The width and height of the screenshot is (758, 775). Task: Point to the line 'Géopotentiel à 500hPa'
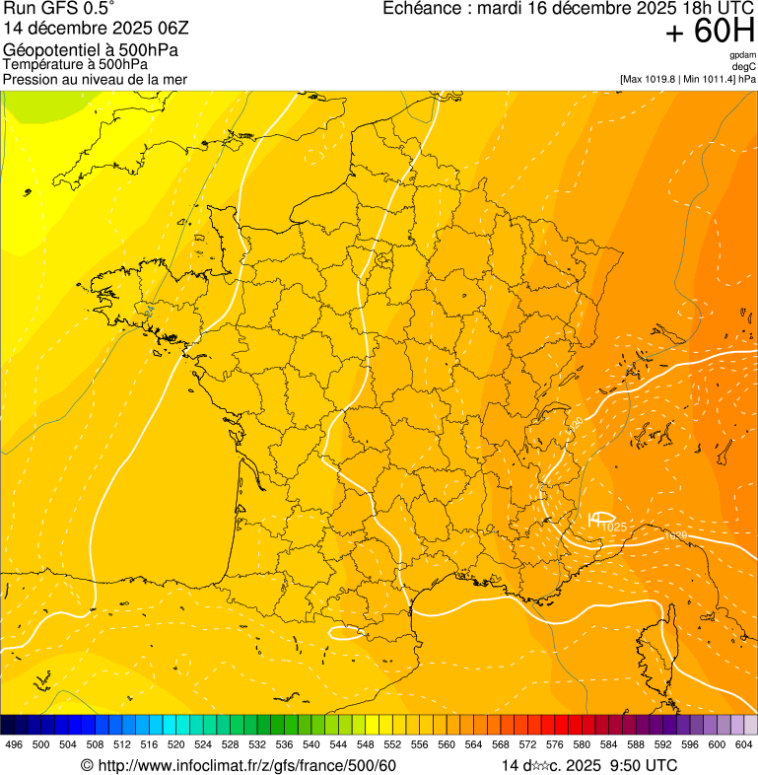pyautogui.click(x=91, y=50)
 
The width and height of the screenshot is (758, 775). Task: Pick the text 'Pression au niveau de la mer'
pyautogui.click(x=95, y=79)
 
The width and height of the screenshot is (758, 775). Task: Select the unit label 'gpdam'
pyautogui.click(x=742, y=55)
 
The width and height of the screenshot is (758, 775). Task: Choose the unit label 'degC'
pyautogui.click(x=744, y=66)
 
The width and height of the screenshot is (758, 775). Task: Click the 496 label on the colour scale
pyautogui.click(x=14, y=745)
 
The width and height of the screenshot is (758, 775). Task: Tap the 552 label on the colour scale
pyautogui.click(x=392, y=745)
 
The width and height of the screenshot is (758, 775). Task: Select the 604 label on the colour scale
pyautogui.click(x=744, y=745)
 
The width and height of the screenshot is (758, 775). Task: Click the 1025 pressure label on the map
pyautogui.click(x=614, y=528)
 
